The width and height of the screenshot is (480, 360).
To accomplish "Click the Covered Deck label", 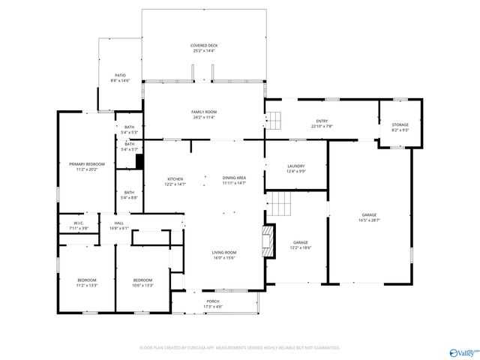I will tap(203, 46).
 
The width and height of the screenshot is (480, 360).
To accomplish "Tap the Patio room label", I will tap(120, 75).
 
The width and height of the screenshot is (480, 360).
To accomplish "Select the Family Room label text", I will tap(203, 112).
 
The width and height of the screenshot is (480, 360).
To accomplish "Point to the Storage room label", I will tap(400, 124).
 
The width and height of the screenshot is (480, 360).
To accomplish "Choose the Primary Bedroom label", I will tap(87, 163).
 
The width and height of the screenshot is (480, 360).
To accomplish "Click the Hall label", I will tap(119, 223).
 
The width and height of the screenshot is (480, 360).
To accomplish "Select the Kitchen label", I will tap(175, 178).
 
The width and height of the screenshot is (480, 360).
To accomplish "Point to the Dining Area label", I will tap(234, 178).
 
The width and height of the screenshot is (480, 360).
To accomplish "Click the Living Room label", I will tap(223, 252).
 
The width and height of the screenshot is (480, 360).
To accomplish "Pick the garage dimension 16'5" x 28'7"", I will tap(369, 220).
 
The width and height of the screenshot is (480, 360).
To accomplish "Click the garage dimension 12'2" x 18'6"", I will tap(301, 247).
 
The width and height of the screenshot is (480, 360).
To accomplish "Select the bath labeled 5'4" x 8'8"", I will tap(130, 197).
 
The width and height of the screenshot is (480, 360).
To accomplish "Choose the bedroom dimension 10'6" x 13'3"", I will tap(142, 285).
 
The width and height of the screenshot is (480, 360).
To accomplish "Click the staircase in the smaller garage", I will tap(279, 203).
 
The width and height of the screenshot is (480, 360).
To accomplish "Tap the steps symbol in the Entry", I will tap(275, 120).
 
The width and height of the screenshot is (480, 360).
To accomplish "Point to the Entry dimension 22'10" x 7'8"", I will tap(322, 126).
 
